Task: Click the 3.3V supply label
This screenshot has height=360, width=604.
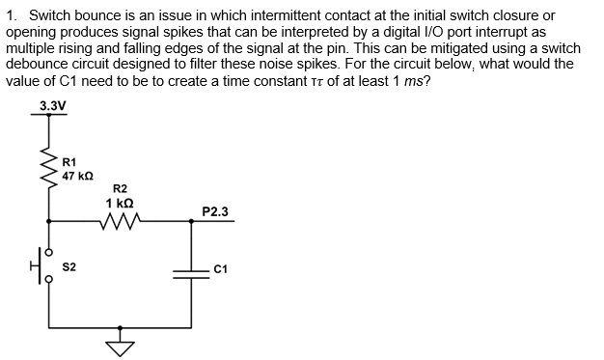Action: pos(53,104)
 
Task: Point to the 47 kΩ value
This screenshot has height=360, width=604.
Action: pos(77,176)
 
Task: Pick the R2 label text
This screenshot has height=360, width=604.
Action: pos(121,189)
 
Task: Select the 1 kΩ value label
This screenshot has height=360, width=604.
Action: pos(121,203)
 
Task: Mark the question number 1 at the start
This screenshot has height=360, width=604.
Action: pos(11,16)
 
